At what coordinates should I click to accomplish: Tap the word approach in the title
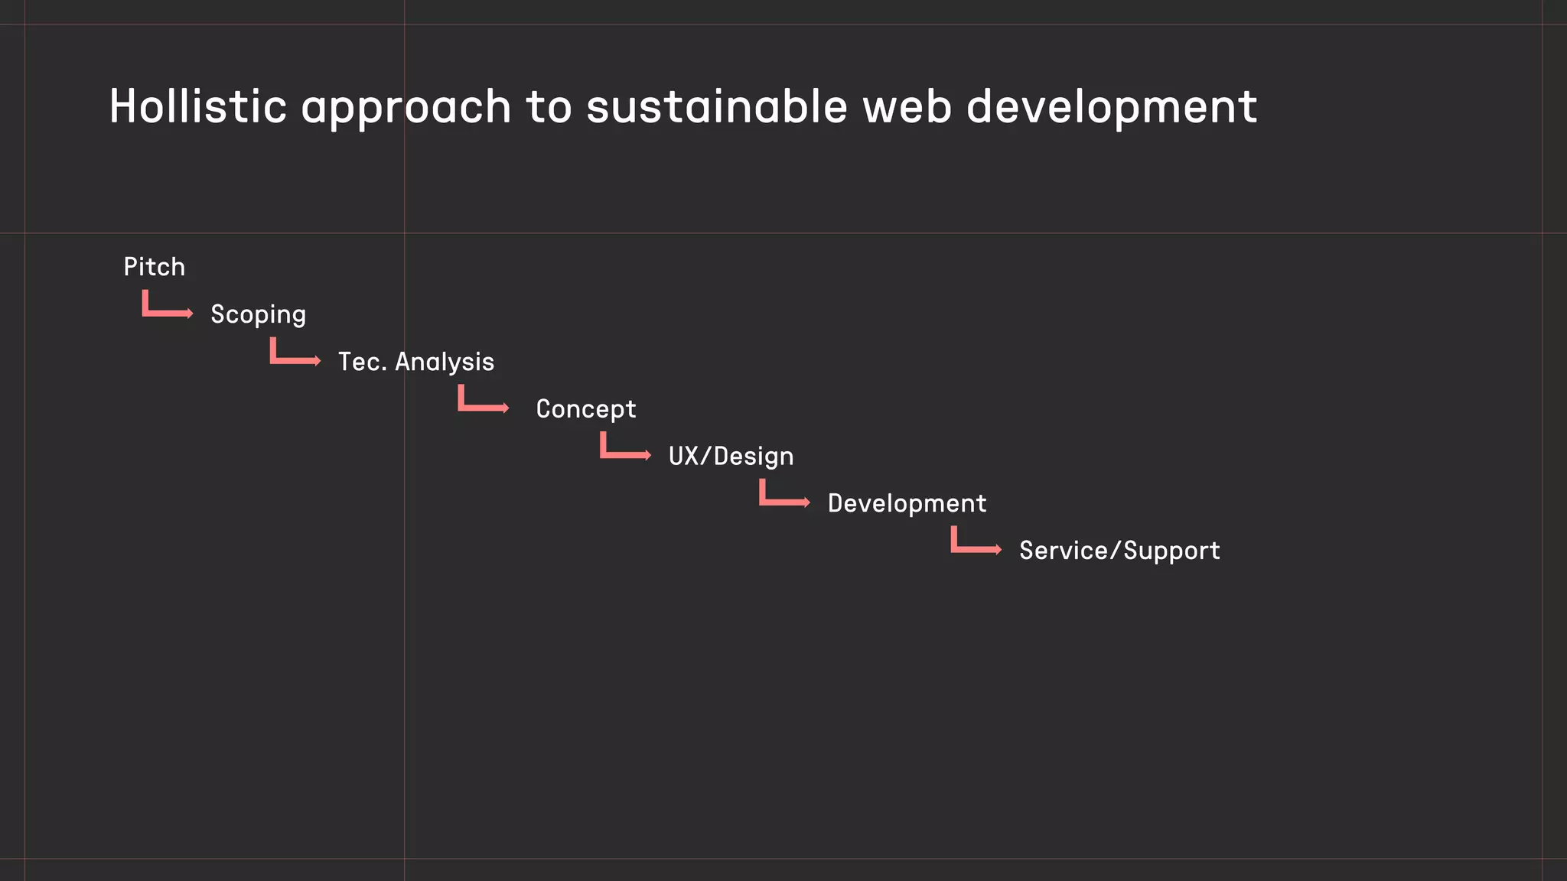406,107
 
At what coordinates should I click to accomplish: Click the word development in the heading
1112,107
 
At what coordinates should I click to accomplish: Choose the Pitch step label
155,267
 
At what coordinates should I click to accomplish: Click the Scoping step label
259,314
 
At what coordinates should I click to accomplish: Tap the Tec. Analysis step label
416,362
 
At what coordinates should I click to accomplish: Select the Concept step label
586,409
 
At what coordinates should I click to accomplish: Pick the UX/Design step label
731,457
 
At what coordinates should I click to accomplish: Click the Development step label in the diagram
907,503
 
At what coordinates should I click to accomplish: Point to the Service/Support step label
1119,551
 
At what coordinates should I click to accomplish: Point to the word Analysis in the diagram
445,362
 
